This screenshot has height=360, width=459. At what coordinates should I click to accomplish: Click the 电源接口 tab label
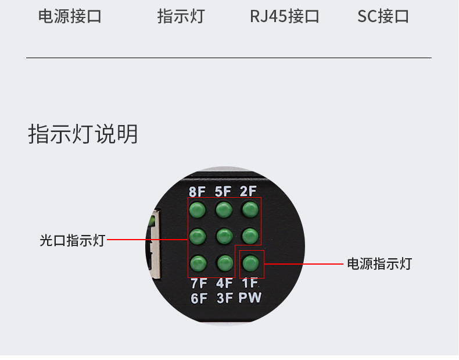[x=70, y=16]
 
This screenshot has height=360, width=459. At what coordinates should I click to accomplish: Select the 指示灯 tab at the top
[x=181, y=16]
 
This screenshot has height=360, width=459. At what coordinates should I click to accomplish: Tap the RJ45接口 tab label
[x=285, y=16]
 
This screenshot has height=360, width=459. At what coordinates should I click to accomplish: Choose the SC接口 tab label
[x=383, y=16]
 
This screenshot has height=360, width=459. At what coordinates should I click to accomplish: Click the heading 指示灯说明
[x=83, y=134]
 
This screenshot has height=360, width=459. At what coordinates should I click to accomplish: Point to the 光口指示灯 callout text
[x=72, y=240]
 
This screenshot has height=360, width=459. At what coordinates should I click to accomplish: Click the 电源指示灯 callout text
[x=379, y=263]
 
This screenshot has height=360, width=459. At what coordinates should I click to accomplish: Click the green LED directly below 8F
[x=198, y=209]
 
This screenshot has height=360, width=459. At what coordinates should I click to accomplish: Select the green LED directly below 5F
[x=224, y=209]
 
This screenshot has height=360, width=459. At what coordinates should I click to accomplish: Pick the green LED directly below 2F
[x=250, y=209]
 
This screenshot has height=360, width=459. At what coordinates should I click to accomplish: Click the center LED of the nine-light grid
[x=224, y=236]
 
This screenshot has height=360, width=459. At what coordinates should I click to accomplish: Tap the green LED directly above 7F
[x=198, y=263]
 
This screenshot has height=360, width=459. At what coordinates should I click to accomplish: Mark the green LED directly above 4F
[x=224, y=263]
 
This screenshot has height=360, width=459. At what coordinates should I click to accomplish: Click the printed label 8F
[x=198, y=191]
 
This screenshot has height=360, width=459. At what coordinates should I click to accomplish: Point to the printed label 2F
[x=249, y=191]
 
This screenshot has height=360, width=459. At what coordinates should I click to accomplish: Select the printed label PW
[x=250, y=298]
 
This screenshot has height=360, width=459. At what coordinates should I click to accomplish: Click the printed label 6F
[x=199, y=298]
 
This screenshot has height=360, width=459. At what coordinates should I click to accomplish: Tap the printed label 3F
[x=224, y=298]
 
